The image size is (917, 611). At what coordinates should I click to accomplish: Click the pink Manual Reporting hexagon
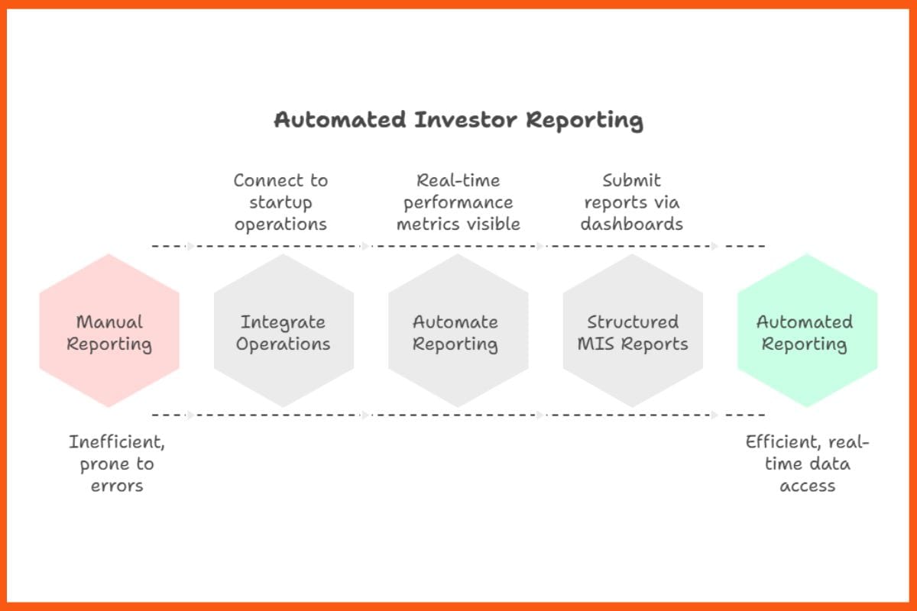click(x=109, y=332)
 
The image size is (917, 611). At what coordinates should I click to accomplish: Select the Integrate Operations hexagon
click(x=284, y=332)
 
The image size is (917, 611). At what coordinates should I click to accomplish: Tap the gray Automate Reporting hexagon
click(x=458, y=332)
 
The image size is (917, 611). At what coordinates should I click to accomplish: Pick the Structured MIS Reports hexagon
click(x=633, y=332)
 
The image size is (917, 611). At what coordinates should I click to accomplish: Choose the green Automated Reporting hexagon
click(x=807, y=332)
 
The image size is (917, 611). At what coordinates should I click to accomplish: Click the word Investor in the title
click(x=467, y=121)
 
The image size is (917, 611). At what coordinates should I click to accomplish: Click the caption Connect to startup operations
click(x=280, y=202)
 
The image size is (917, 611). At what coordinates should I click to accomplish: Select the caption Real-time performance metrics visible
click(x=458, y=202)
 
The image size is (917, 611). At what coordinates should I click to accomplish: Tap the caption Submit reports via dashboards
click(x=631, y=202)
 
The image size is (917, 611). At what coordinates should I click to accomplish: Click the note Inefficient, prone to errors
click(x=117, y=464)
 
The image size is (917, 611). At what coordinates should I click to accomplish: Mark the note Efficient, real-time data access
click(x=808, y=464)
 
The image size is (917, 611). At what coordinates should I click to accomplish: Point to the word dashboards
click(x=631, y=224)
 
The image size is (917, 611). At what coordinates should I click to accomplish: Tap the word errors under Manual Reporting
click(x=117, y=485)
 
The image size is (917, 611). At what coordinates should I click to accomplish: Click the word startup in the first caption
click(x=280, y=202)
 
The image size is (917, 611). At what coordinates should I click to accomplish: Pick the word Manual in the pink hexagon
click(x=109, y=322)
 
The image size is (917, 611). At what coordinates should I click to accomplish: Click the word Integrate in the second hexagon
click(x=283, y=322)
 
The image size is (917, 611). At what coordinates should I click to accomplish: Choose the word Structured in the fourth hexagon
click(x=633, y=322)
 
